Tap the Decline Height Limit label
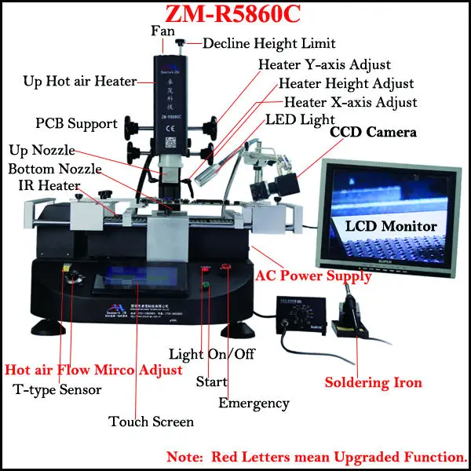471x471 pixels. pos(269,43)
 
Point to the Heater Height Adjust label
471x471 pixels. pos(346,83)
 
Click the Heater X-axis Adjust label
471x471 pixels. pos(350,102)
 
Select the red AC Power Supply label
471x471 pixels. pos(315,276)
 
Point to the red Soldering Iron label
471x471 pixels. pos(374,382)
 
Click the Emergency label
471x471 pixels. pos(254,403)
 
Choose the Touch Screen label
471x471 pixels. pos(152,422)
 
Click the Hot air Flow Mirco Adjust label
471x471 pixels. pos(94,370)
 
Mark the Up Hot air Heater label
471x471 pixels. pos(80,81)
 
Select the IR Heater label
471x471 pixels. pos(49,186)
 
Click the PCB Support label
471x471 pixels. pos(76,123)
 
